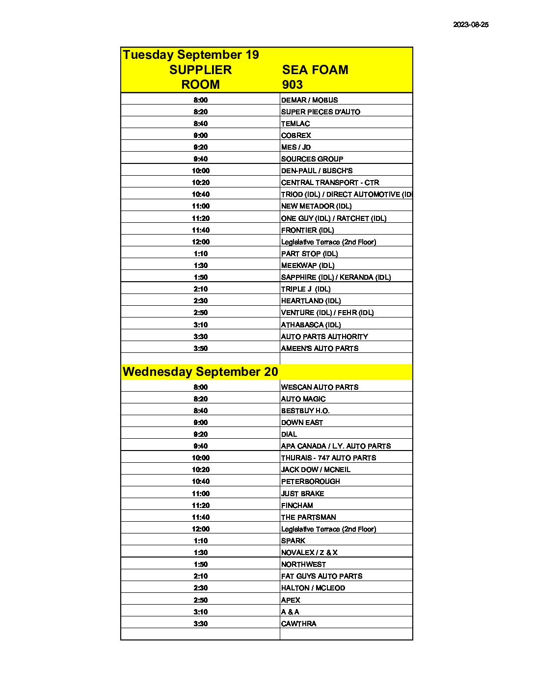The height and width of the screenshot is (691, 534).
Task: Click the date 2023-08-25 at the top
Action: tap(470, 25)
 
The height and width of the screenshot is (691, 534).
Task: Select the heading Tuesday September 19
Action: tap(190, 54)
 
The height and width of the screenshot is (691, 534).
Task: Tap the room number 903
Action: tap(292, 84)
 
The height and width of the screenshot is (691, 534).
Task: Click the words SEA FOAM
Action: tap(315, 70)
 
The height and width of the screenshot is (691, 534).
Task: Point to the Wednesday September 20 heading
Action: tap(200, 372)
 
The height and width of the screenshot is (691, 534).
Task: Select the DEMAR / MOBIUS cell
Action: tap(309, 100)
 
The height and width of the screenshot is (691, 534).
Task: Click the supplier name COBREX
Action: tap(296, 135)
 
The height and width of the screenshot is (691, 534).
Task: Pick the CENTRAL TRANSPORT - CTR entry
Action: tap(330, 183)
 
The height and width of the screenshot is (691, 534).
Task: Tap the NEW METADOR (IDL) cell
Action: tap(316, 206)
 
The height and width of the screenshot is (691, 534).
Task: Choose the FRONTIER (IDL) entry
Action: tap(307, 230)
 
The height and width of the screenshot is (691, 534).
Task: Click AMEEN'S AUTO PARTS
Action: tap(320, 348)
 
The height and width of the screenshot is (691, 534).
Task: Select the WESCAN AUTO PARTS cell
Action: tap(320, 387)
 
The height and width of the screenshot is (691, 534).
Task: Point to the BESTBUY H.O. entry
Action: tap(305, 411)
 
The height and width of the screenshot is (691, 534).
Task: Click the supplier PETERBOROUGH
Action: tap(310, 481)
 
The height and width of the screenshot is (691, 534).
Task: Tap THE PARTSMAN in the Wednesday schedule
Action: tap(308, 517)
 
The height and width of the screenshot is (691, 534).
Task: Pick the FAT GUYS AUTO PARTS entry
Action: tap(321, 576)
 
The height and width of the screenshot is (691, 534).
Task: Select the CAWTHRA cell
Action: tap(298, 624)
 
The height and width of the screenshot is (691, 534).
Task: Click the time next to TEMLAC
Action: tap(200, 124)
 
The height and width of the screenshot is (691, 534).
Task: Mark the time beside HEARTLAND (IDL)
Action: tap(200, 301)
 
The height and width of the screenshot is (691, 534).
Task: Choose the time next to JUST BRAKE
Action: tap(200, 494)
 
